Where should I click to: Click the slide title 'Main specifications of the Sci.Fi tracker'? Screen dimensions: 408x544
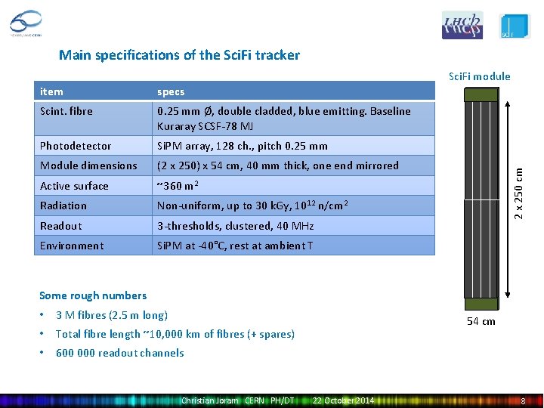179,55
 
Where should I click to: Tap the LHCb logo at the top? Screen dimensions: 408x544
462,26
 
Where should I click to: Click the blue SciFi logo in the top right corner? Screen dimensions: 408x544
515,26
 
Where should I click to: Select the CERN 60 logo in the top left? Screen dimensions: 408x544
26,23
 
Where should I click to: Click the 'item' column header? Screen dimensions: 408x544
51,91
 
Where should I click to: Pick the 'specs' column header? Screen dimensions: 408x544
171,91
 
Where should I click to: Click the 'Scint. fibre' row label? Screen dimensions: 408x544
66,111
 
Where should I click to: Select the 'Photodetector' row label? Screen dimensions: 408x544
76,146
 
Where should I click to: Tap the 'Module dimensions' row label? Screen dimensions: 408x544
88,165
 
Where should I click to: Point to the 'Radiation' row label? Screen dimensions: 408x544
63,206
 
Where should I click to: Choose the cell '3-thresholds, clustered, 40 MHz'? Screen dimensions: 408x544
235,226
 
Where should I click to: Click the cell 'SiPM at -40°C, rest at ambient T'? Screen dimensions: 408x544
235,246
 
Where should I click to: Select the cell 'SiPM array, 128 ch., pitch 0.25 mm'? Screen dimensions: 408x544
242,146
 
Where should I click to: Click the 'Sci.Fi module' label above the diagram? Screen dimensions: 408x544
479,76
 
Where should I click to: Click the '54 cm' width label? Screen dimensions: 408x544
481,321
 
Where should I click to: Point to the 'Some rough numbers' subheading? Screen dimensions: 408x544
93,295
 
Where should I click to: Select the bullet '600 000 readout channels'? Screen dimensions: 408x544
119,353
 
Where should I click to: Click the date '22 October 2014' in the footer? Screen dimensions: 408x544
343,400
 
